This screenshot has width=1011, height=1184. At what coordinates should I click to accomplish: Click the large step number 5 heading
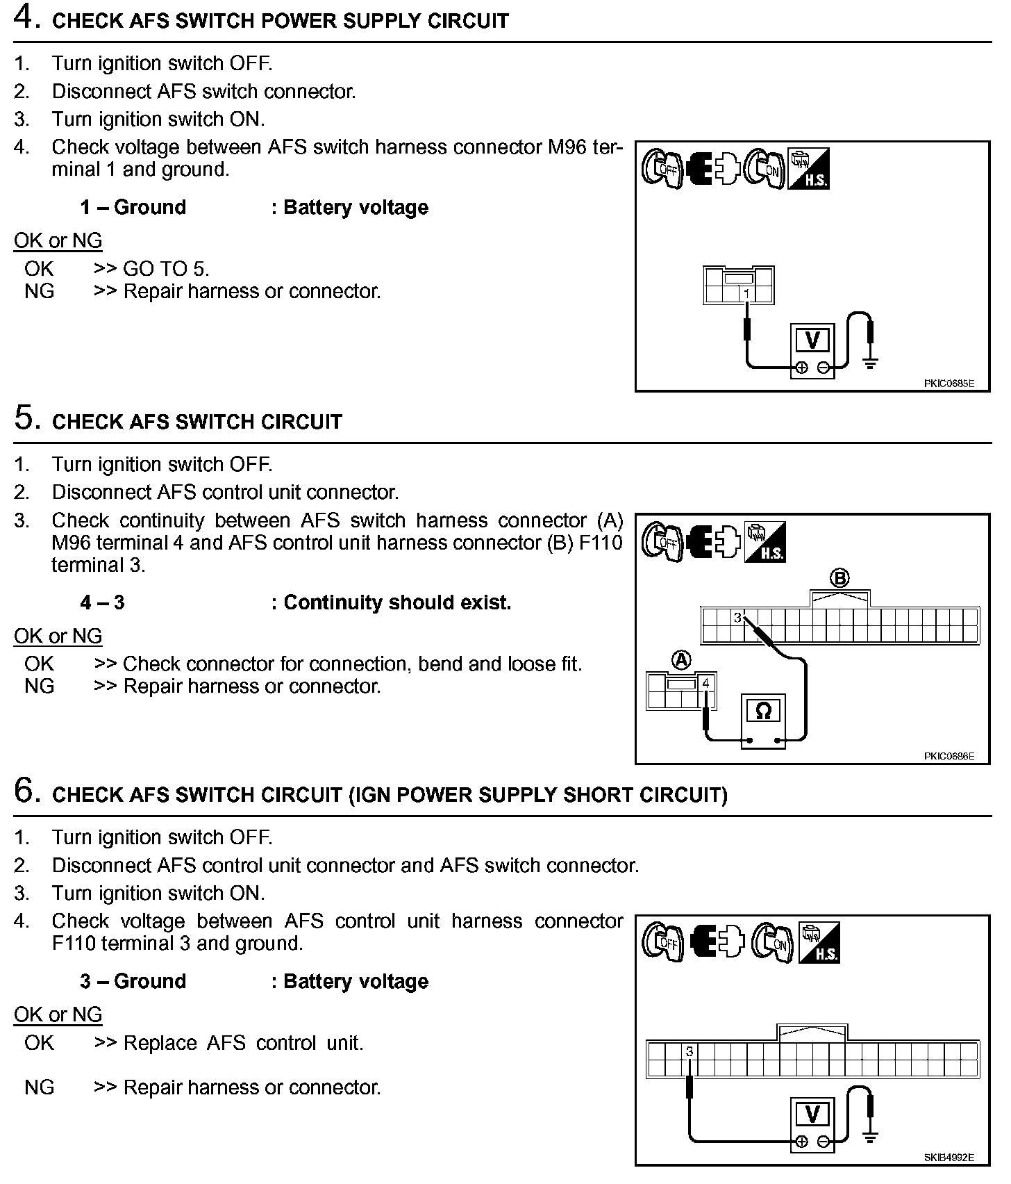pos(24,418)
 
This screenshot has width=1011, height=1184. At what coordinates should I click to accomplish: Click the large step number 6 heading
pos(24,791)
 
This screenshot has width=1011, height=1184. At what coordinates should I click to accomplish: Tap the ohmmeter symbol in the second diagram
pos(762,711)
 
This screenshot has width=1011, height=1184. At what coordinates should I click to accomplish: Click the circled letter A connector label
pos(682,660)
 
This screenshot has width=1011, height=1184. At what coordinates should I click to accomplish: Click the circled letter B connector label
pos(839,578)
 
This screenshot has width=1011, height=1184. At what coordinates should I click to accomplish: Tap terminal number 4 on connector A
pos(706,684)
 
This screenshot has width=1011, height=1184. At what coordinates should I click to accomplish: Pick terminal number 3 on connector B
pos(737,617)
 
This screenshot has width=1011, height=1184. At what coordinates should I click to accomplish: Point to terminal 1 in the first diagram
pos(746,294)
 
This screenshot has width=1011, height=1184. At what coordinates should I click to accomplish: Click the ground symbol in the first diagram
pos(869,361)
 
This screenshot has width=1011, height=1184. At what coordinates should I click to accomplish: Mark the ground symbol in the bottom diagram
pos(869,1137)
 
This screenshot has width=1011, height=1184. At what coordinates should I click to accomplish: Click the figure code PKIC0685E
pos(949,383)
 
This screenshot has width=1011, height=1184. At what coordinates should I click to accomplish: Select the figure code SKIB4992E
pos(949,1158)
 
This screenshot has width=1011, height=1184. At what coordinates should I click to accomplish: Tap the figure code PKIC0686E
pos(949,756)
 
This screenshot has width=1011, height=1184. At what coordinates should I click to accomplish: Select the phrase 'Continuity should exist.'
pos(397,602)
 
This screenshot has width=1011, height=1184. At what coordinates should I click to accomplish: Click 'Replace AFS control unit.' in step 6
pos(243,1043)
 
